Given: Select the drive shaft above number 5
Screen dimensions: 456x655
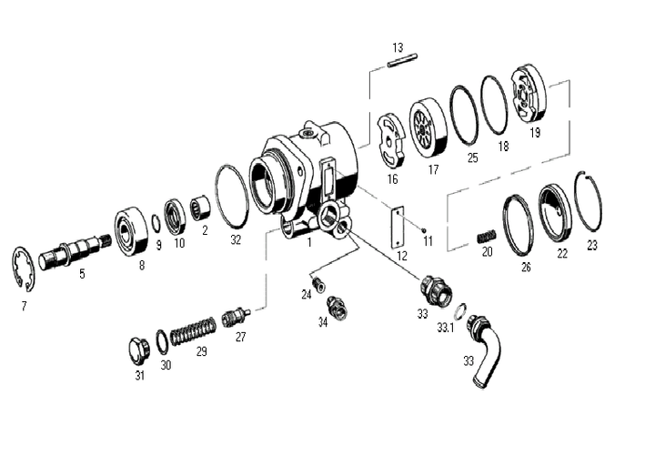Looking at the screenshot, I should click(x=81, y=247).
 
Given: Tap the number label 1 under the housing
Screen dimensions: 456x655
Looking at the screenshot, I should click(x=310, y=243).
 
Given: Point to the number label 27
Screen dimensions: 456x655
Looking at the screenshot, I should click(x=240, y=336).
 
